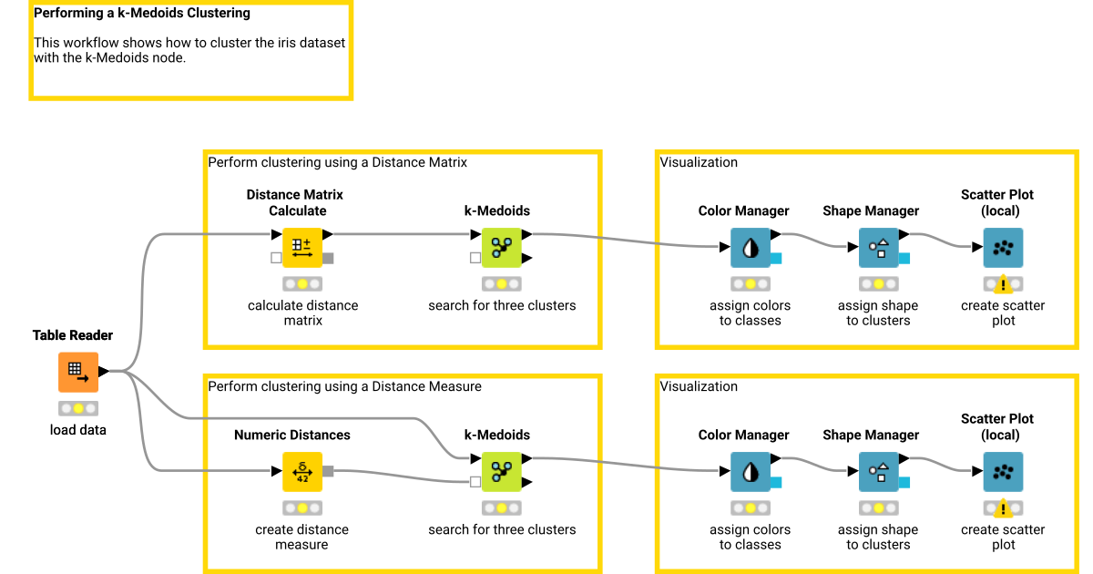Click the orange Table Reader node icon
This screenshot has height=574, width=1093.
coord(78,372)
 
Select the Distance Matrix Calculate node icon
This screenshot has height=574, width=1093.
coord(301,247)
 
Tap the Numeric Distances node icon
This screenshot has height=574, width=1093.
coord(301,471)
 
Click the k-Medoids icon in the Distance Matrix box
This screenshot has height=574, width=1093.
coord(501,247)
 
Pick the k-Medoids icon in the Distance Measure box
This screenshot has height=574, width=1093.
coord(501,471)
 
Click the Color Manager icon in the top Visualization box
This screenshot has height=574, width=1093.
coord(751,247)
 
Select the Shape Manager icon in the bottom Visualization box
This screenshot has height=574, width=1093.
coord(878,471)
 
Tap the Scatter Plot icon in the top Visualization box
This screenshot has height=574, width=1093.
coord(1003,247)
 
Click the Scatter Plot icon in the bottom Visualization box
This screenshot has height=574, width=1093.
coord(1003,471)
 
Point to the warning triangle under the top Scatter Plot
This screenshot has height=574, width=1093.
coord(1003,284)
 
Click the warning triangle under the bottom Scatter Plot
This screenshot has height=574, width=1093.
coord(1003,508)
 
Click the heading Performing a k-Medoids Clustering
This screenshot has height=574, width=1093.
coord(142,14)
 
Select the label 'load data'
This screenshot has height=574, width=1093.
coord(78,429)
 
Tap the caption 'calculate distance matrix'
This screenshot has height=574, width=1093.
coord(302,313)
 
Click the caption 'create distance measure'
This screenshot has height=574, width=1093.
coord(301,537)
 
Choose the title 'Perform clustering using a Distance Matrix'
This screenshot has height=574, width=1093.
coord(337,162)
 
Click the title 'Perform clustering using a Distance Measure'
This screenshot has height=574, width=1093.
coord(344,386)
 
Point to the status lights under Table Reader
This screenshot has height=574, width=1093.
coord(78,408)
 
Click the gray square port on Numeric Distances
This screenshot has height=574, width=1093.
coord(328,471)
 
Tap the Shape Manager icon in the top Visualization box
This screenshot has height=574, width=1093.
coord(878,247)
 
